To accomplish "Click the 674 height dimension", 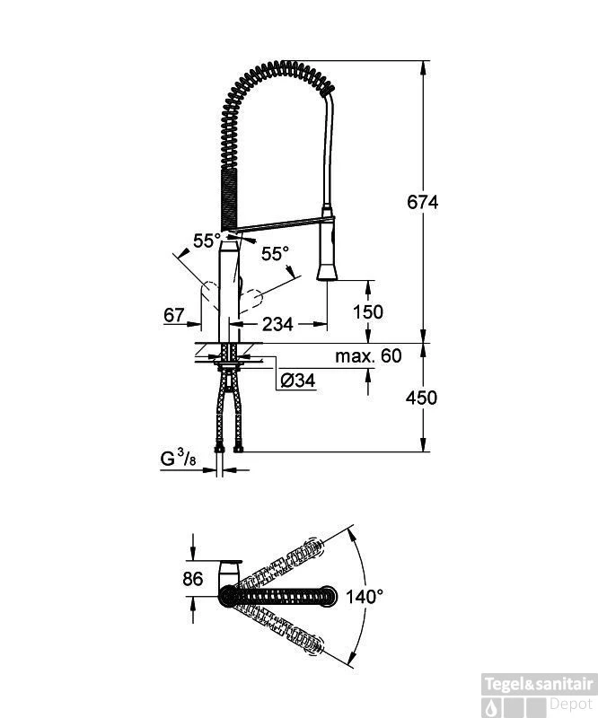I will pyautogui.click(x=423, y=202).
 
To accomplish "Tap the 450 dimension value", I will pyautogui.click(x=423, y=397).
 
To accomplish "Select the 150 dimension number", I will pyautogui.click(x=367, y=311).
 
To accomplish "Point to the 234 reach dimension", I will pyautogui.click(x=277, y=324).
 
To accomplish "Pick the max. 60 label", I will pyautogui.click(x=368, y=356).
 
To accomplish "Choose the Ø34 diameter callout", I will pyautogui.click(x=297, y=381).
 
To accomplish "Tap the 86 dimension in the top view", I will pyautogui.click(x=192, y=579).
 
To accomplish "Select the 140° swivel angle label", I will pyautogui.click(x=365, y=594).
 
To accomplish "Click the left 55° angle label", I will pyautogui.click(x=206, y=241).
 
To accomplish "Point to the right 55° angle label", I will pyautogui.click(x=275, y=254).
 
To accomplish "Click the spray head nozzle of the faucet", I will pyautogui.click(x=328, y=270).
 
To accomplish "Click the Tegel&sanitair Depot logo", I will pyautogui.click(x=538, y=693).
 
